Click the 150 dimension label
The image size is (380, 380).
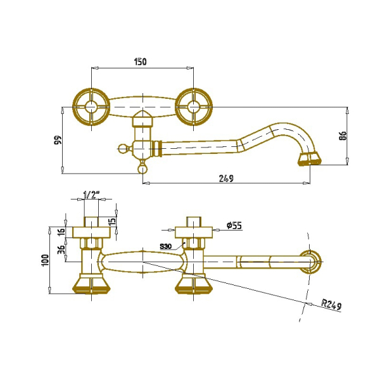(x=141, y=61)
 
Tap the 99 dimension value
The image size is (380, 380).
(x=58, y=140)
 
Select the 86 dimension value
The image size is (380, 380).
(x=343, y=136)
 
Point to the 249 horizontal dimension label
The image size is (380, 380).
(x=226, y=179)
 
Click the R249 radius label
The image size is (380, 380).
(x=331, y=305)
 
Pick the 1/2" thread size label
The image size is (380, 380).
(x=91, y=194)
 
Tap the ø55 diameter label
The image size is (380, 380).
(x=234, y=225)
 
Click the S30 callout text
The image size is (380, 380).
(x=166, y=247)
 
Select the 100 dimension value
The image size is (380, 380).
(x=46, y=260)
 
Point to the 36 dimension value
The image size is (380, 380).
(x=62, y=250)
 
